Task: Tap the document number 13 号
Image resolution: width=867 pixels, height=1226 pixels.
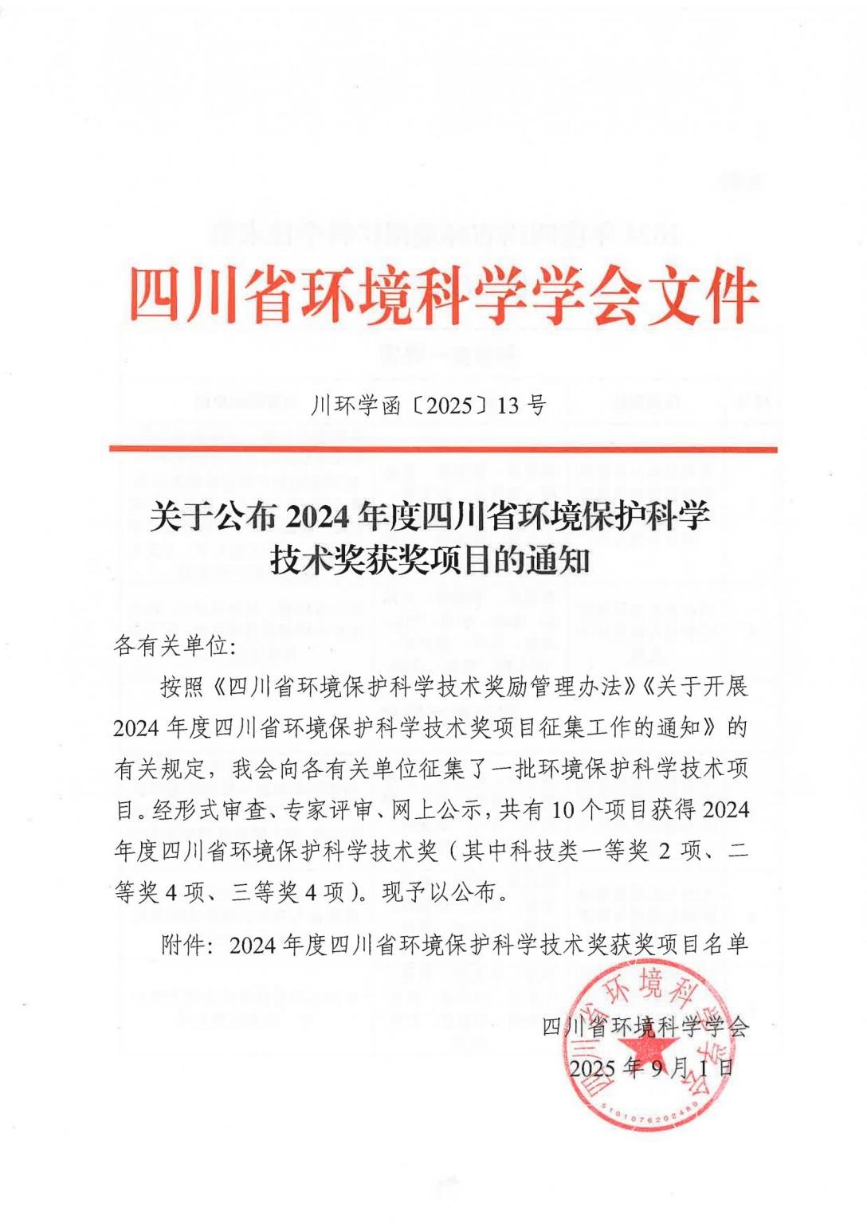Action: click(x=522, y=406)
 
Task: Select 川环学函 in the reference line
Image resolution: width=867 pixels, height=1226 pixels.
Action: click(x=355, y=406)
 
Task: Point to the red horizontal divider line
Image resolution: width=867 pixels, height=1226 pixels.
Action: click(x=443, y=449)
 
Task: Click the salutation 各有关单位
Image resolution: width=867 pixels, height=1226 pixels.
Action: click(x=171, y=646)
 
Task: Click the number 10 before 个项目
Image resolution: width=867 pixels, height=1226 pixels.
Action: click(x=563, y=810)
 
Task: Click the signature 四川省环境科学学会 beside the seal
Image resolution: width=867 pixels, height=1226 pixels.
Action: click(x=645, y=1027)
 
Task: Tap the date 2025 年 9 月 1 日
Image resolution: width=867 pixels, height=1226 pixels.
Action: click(x=652, y=1067)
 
